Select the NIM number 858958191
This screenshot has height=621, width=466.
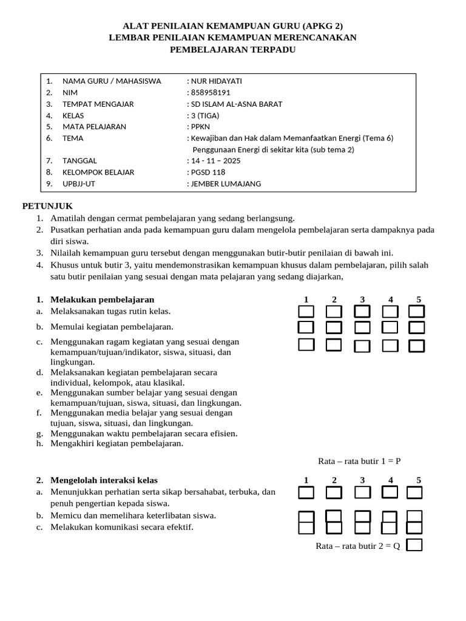211,92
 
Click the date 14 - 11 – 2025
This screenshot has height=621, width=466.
215,161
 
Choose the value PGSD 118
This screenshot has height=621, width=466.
208,172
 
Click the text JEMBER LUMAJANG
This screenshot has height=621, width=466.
226,184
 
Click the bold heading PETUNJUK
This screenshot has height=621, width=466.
47,206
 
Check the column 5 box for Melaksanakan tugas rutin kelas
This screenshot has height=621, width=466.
416,312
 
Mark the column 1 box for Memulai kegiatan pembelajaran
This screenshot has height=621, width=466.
306,327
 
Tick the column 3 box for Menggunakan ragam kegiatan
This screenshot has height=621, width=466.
362,346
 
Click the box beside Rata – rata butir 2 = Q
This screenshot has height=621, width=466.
414,545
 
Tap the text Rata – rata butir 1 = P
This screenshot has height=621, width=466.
359,461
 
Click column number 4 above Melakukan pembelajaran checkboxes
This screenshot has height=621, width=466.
391,299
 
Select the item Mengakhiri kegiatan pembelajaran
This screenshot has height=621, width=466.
116,443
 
